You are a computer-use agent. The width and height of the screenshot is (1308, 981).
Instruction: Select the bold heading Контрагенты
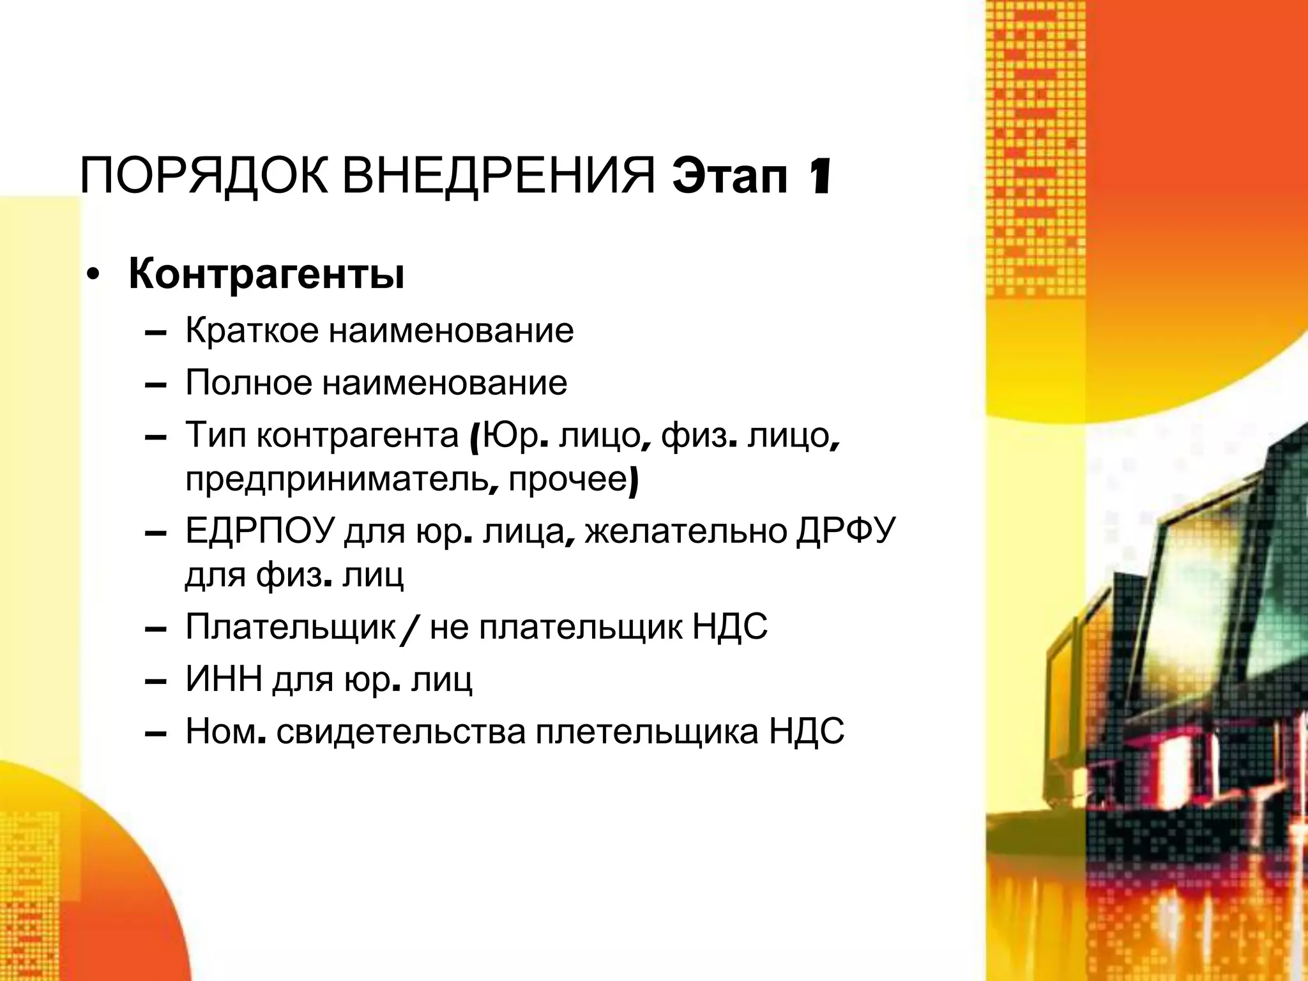click(266, 274)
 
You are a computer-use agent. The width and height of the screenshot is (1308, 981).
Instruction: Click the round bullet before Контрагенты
click(94, 277)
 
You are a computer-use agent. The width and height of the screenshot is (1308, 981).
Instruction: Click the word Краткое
click(252, 331)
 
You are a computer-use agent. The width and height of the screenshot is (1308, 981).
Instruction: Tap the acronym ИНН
click(224, 680)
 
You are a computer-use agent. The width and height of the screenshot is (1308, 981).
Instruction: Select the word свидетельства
click(401, 732)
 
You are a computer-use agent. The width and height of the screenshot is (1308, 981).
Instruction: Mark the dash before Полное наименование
click(156, 386)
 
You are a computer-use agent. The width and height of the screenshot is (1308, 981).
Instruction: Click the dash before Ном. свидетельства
click(156, 734)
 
